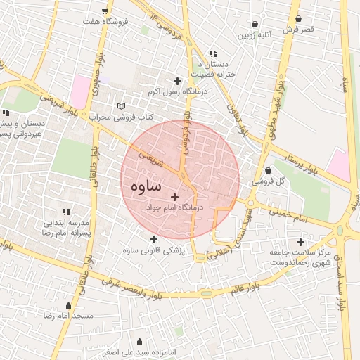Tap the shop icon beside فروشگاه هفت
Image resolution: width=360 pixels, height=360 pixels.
coord(105,11)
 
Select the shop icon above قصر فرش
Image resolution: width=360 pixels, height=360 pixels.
coord(299,18)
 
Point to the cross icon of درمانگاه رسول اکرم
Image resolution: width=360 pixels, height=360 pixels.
coord(176,81)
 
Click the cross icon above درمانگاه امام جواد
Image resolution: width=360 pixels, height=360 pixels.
coord(175,197)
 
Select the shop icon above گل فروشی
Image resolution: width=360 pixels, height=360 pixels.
coord(269,169)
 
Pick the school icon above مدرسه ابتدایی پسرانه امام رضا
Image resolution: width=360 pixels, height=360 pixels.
coord(67,211)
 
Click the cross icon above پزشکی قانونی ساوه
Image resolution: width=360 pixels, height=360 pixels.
coord(153,239)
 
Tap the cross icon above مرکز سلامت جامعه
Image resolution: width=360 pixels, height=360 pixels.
coord(300,241)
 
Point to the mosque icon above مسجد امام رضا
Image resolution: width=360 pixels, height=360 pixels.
coord(68,306)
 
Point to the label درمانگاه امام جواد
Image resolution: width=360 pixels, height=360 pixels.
coord(174,208)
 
